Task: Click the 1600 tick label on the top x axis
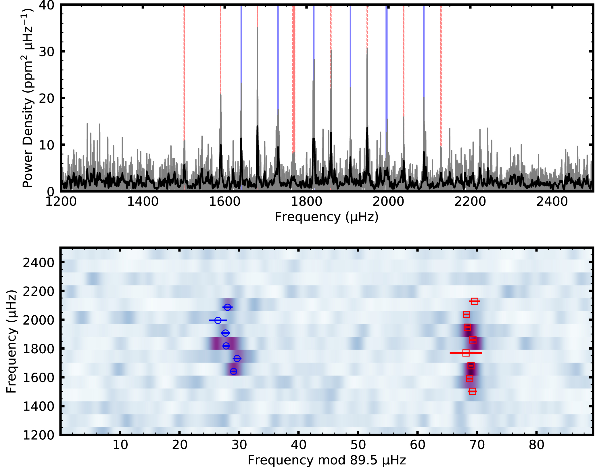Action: click(x=224, y=201)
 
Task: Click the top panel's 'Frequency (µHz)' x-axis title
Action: click(x=327, y=217)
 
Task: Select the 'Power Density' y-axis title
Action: click(x=28, y=98)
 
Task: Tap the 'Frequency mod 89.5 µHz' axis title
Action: click(x=327, y=460)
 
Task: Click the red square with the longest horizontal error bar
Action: click(x=466, y=353)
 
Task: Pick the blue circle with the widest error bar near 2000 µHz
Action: click(x=218, y=320)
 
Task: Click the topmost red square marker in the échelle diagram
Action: click(x=475, y=301)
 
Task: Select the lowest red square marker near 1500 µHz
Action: click(x=472, y=391)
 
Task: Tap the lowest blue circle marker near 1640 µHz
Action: click(x=233, y=371)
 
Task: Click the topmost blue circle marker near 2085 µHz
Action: click(x=227, y=307)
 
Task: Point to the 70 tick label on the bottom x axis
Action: click(x=477, y=445)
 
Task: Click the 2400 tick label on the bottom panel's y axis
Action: click(x=38, y=263)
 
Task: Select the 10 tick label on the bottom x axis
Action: click(x=120, y=445)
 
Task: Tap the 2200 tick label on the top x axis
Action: click(x=470, y=201)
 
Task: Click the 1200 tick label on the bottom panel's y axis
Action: click(x=38, y=435)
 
